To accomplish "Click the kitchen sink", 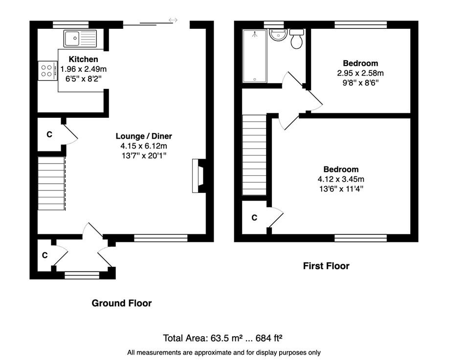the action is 80,39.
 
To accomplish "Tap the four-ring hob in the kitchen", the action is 47,70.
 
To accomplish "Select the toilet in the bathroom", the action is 297,39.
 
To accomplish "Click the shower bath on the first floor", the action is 255,56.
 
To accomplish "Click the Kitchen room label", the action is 83,59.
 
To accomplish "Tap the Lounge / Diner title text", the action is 144,136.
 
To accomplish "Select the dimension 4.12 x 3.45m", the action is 341,179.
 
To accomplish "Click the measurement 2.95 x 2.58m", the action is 360,73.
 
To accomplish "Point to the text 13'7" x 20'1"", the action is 144,155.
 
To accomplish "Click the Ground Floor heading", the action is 122,303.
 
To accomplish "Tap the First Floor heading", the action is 326,266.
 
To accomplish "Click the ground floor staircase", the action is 52,183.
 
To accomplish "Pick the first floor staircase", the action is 254,155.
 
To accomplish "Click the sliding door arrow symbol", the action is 173,20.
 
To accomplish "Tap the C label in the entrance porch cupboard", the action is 45,255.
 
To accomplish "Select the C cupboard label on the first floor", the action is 254,218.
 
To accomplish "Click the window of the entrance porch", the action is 82,275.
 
